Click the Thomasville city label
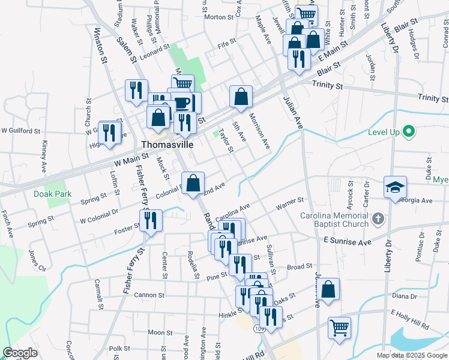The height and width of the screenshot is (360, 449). (x=167, y=145)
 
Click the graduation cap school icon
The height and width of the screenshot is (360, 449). (x=396, y=187)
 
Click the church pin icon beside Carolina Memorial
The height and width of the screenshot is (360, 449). (x=378, y=219)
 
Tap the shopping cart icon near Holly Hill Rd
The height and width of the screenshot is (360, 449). (x=339, y=329)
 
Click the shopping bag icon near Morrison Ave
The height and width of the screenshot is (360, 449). (x=241, y=97)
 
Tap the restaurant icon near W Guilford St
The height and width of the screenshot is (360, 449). (x=109, y=131)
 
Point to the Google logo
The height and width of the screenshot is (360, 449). (x=20, y=353)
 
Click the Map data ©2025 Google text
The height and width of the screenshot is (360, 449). (x=412, y=355)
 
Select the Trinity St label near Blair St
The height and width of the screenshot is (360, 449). (x=327, y=86)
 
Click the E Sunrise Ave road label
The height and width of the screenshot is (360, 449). (x=348, y=240)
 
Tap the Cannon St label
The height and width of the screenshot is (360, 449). (x=149, y=295)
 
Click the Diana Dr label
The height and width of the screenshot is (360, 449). (x=403, y=296)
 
